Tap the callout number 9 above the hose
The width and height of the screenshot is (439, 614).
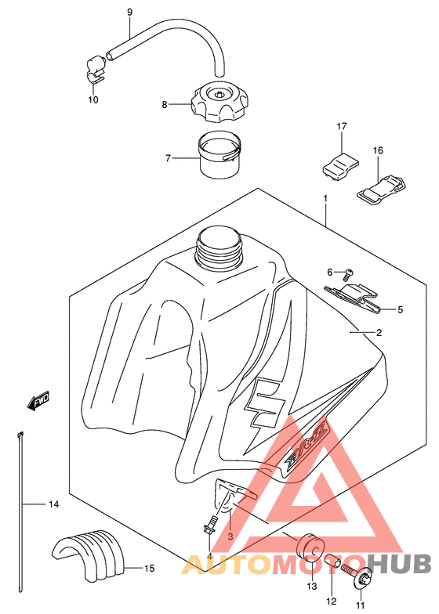(x=129, y=13)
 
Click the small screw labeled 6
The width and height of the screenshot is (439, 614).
(x=347, y=274)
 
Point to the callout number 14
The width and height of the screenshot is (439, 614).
(x=53, y=504)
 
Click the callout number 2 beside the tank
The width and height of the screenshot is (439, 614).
(x=379, y=333)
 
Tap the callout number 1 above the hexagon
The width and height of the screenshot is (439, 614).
(x=325, y=199)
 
